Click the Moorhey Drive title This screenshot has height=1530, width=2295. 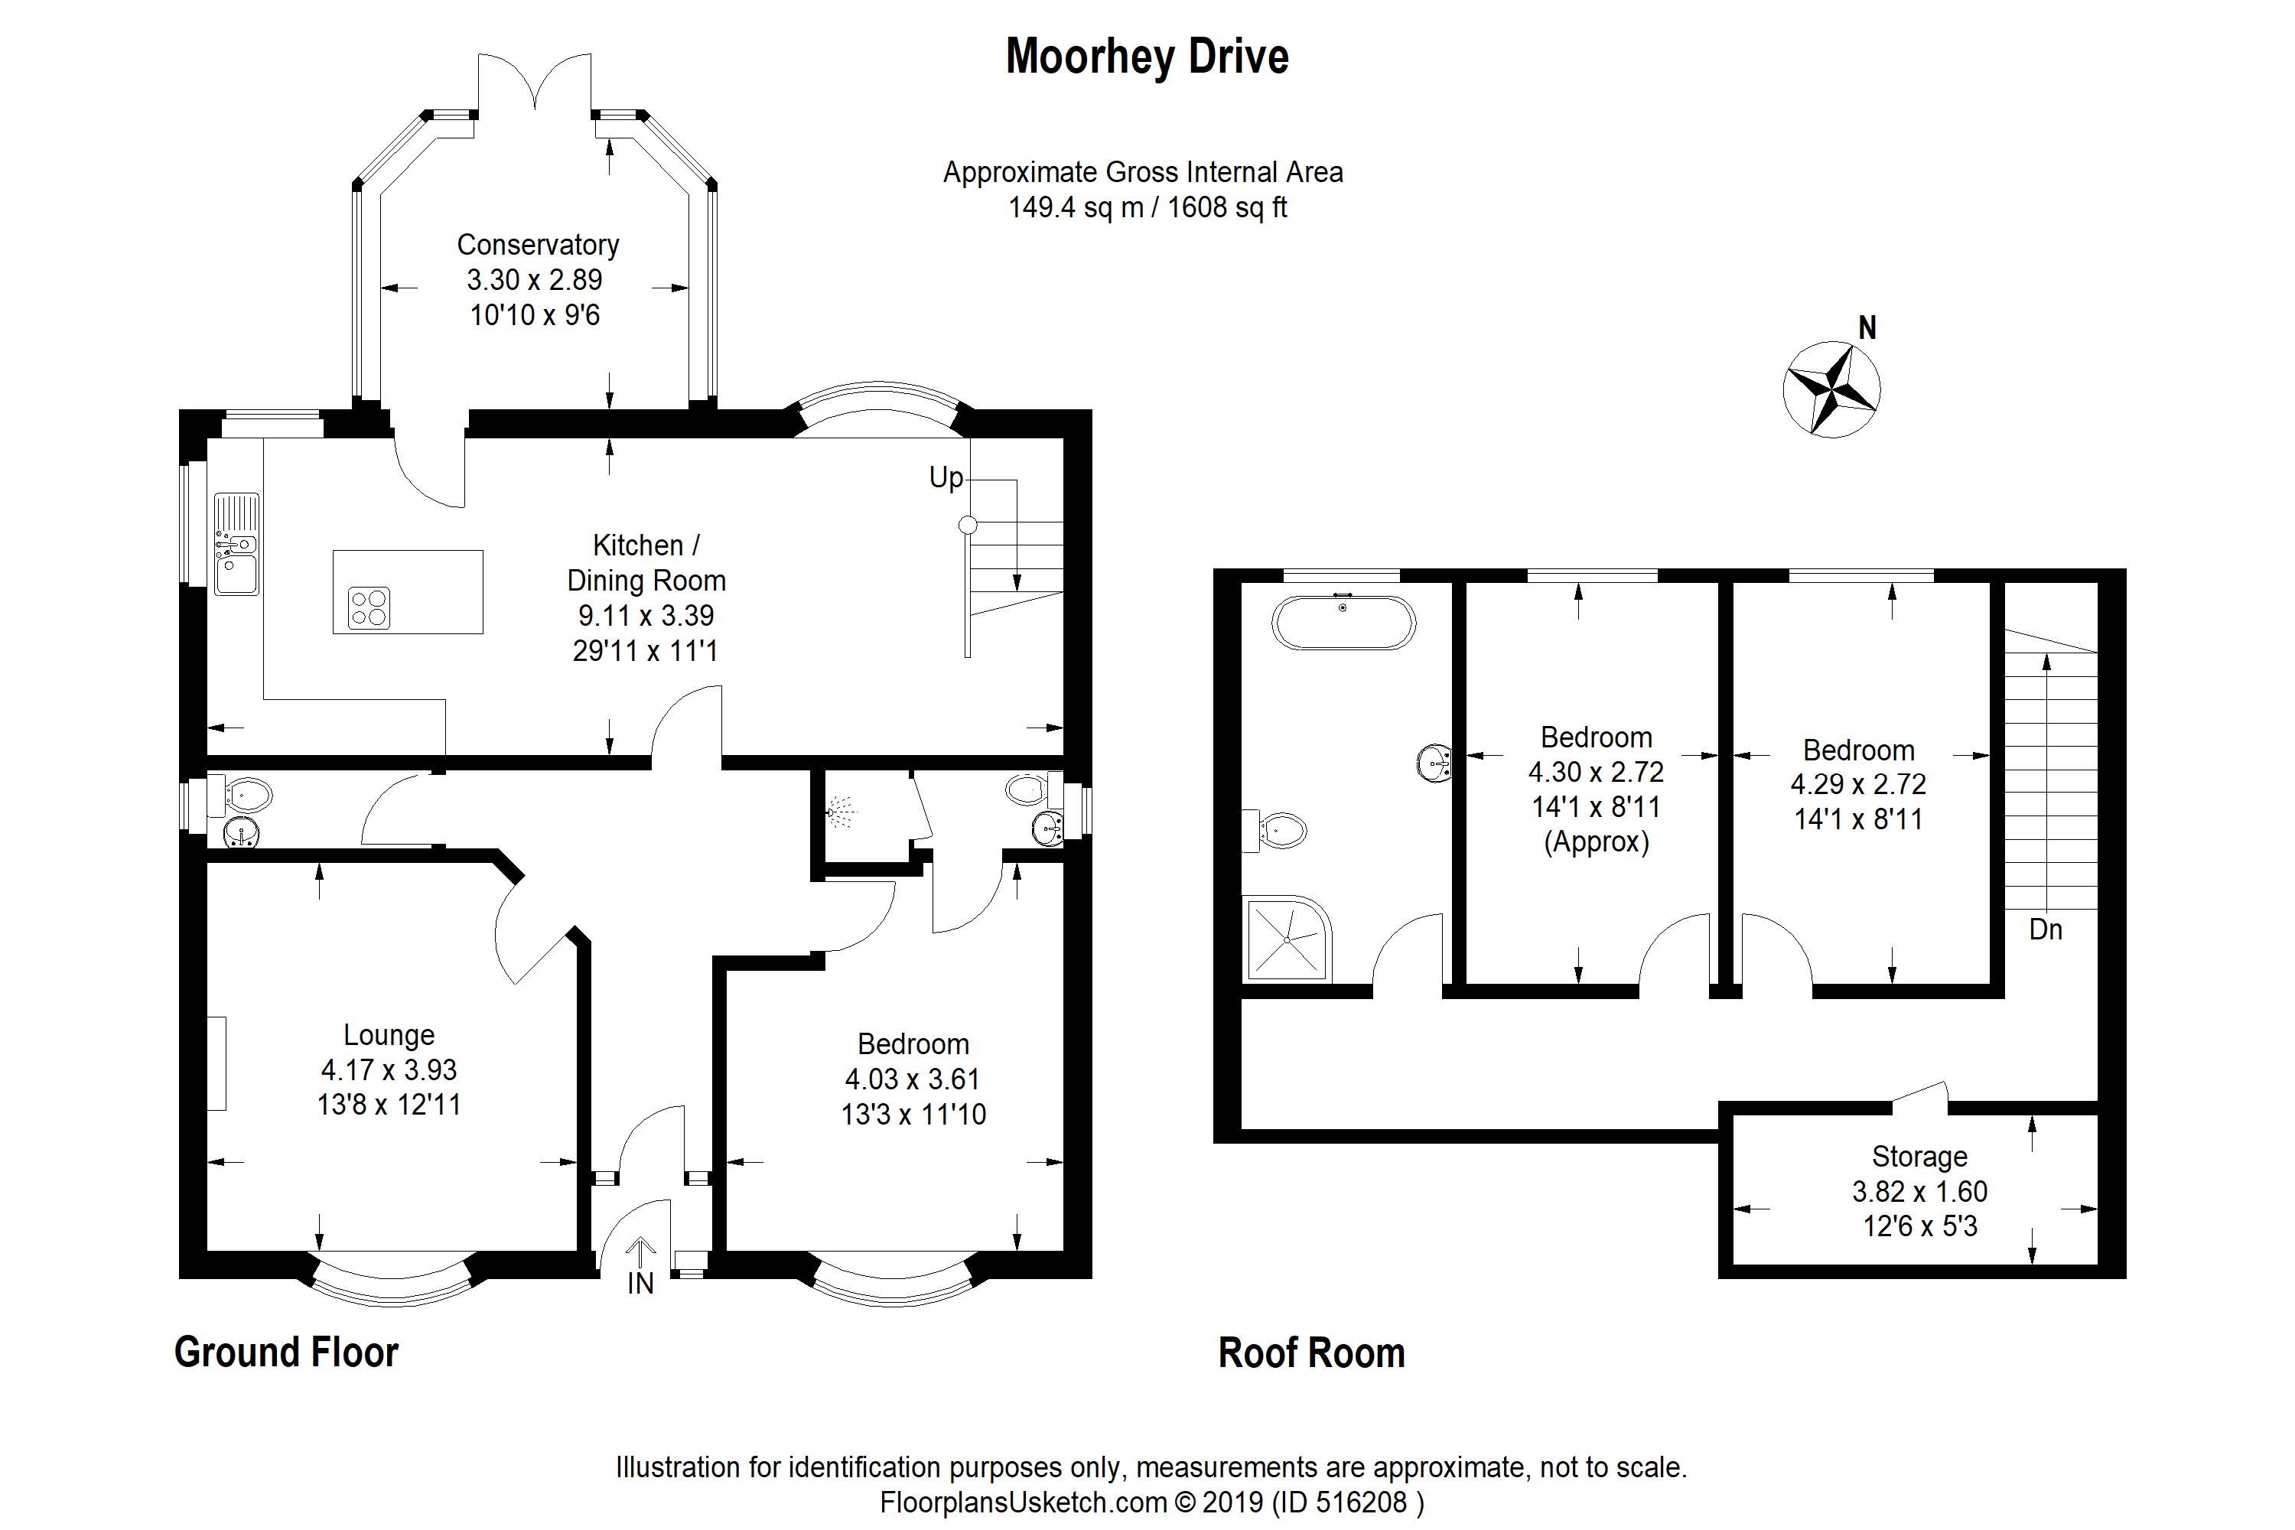1147,57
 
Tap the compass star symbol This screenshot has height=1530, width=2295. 1831,390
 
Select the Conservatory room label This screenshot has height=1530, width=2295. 538,245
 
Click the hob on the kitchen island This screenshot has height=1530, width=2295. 369,606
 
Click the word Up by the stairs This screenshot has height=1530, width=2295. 946,478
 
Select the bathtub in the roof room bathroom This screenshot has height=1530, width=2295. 1343,623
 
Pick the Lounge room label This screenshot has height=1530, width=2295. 389,1034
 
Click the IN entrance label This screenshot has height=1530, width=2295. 640,1283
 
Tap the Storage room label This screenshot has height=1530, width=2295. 1919,1156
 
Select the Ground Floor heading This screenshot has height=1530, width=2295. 286,1353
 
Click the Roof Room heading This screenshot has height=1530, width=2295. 1311,1353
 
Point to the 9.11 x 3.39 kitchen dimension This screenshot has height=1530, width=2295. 646,616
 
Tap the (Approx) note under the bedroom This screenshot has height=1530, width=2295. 1597,842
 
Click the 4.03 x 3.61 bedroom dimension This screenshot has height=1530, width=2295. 913,1079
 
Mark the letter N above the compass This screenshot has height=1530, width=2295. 1867,328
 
